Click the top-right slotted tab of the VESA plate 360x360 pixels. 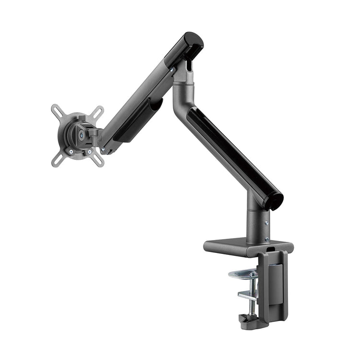98,111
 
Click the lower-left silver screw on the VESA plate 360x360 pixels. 72,152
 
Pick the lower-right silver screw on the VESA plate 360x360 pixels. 90,152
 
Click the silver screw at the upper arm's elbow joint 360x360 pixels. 172,70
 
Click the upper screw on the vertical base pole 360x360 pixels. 267,222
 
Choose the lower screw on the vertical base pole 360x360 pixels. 267,230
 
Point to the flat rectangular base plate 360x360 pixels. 240,246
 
